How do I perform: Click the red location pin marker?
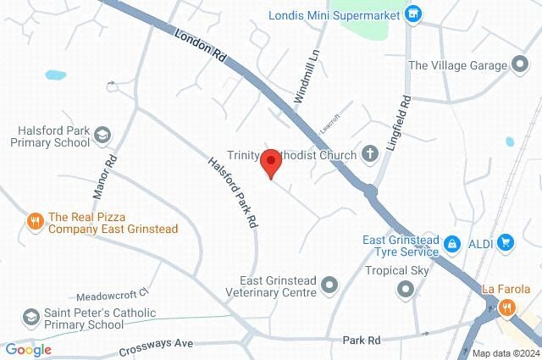[x=270, y=163]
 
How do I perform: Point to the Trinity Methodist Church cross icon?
[x=370, y=154]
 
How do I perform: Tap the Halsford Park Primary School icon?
[x=102, y=136]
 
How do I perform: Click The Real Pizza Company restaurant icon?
[x=35, y=223]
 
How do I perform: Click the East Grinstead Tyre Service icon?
[x=453, y=244]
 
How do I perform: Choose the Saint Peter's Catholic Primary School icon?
[x=32, y=316]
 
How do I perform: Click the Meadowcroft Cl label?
[x=112, y=295]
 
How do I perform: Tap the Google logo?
[x=28, y=349]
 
